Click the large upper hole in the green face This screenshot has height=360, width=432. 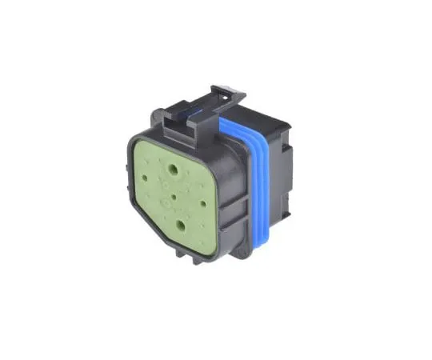pyautogui.click(x=173, y=170)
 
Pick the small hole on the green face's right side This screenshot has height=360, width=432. pyautogui.click(x=205, y=202)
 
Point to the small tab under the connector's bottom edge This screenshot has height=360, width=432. pyautogui.click(x=198, y=259)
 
